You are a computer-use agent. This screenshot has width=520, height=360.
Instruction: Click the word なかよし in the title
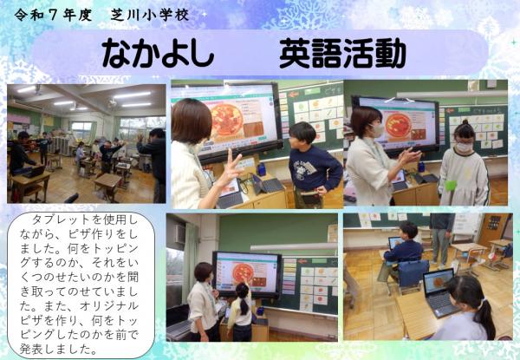pos(158,55)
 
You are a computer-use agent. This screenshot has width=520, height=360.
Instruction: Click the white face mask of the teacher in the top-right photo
pos(376,131)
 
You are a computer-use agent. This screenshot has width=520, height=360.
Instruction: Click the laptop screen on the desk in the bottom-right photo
pos(438,282)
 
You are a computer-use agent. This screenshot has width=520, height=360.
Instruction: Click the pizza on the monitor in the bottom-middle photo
pos(243,271)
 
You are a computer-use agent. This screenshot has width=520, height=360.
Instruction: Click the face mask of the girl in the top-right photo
pos(465,146)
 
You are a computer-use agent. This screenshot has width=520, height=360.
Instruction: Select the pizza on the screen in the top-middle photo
pos(227,121)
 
